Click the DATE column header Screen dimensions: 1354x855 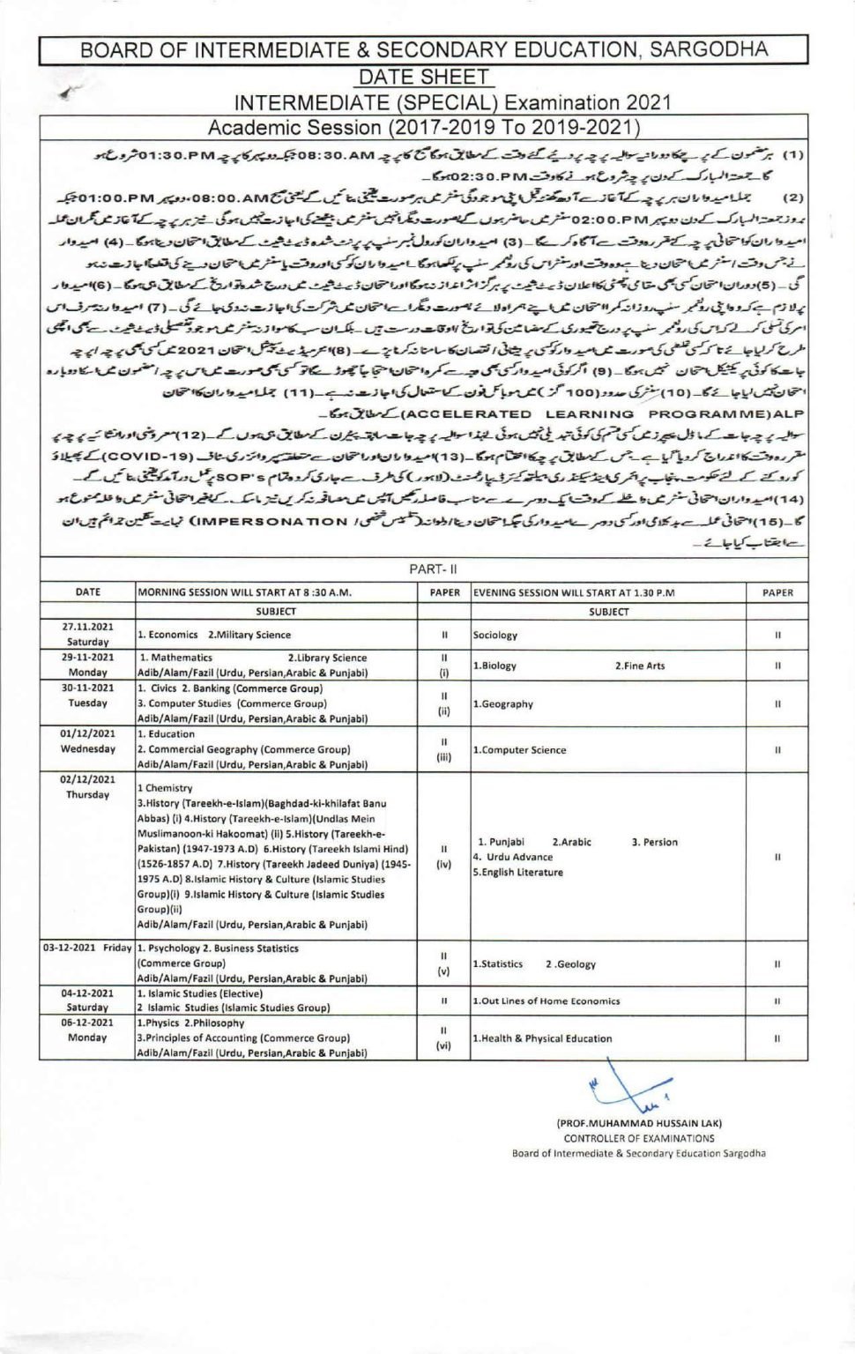[87, 592]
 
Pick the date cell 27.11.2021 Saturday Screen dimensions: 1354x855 [87, 635]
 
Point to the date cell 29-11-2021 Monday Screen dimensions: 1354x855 [87, 665]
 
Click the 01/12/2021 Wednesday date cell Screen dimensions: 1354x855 [87, 741]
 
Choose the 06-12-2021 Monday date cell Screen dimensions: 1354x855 [87, 1030]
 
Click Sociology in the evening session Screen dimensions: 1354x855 [494, 635]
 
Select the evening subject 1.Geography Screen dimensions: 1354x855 [502, 704]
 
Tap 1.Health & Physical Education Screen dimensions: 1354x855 [542, 1038]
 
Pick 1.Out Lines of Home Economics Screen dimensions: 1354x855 [546, 1001]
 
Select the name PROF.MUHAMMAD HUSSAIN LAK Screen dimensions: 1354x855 [639, 1123]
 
